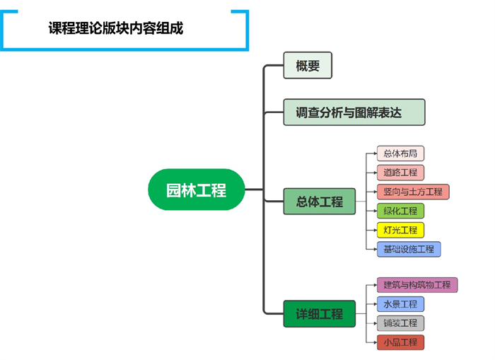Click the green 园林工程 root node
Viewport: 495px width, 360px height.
(196, 190)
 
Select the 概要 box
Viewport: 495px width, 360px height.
(308, 66)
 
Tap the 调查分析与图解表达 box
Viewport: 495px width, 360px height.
(354, 112)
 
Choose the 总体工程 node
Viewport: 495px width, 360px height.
(319, 202)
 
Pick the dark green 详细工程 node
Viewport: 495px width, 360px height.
(319, 313)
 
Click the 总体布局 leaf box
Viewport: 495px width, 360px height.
(400, 153)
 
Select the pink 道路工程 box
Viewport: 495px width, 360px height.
(400, 173)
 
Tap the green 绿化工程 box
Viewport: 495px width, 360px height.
(400, 211)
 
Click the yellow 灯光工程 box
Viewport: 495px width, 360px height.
(400, 230)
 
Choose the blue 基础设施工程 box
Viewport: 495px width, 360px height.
(409, 249)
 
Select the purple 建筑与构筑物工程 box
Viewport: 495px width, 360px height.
(417, 285)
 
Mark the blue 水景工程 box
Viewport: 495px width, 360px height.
(400, 304)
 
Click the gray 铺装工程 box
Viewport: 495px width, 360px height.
(400, 323)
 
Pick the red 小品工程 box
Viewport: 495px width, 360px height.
(400, 342)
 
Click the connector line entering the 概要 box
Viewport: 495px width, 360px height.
(274, 66)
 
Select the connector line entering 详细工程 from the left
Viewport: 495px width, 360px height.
(273, 313)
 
